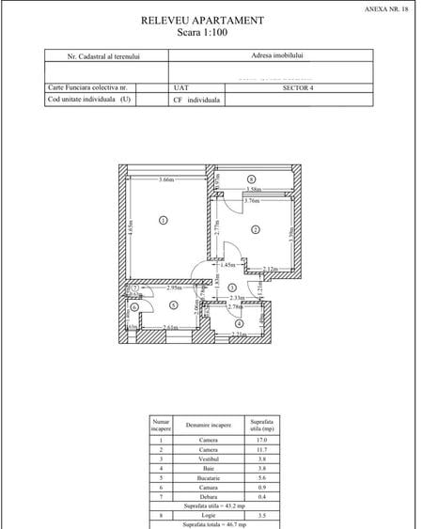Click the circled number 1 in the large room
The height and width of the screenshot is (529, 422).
pyautogui.click(x=162, y=221)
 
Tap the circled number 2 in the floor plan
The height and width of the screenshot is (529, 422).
pyautogui.click(x=255, y=229)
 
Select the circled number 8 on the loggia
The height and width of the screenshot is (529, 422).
pyautogui.click(x=251, y=179)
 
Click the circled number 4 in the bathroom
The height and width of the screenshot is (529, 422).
pyautogui.click(x=239, y=322)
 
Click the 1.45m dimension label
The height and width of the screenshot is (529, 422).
pyautogui.click(x=228, y=265)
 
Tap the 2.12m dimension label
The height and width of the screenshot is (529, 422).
pyautogui.click(x=271, y=270)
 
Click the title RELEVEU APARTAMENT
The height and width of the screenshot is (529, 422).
pyautogui.click(x=202, y=20)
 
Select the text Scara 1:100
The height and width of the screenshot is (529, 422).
pyautogui.click(x=202, y=32)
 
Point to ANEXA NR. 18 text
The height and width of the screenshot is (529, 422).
pyautogui.click(x=385, y=8)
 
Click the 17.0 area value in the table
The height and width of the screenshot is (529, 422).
pyautogui.click(x=261, y=440)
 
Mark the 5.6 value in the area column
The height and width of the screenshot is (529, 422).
pyautogui.click(x=261, y=477)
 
